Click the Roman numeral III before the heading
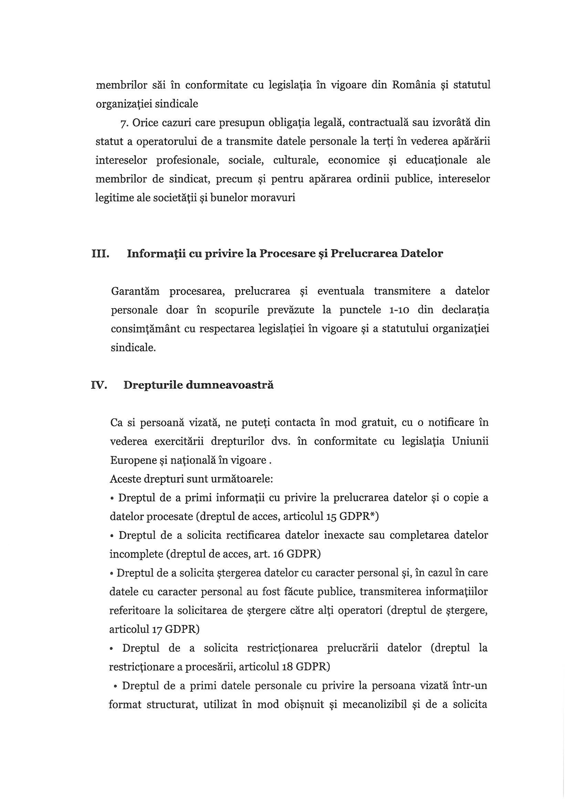(x=100, y=253)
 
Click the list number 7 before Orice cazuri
(x=123, y=123)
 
